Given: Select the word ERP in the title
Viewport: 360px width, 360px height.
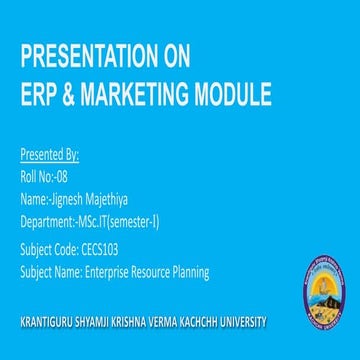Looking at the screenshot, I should [x=39, y=95].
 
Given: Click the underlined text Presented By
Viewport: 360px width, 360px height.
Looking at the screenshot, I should [x=49, y=156].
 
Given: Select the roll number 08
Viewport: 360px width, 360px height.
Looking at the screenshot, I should [x=66, y=177].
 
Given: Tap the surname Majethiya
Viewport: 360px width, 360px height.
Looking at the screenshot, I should [x=111, y=198].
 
